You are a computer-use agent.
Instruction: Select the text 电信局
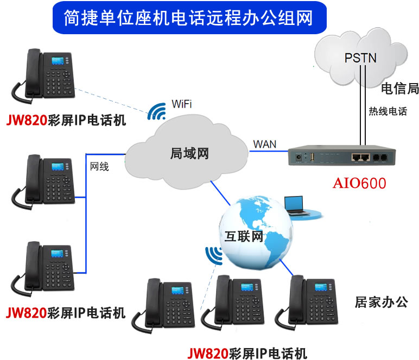399,89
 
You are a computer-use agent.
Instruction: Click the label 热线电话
388,111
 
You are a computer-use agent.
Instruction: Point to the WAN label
264,144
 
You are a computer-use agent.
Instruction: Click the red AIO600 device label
359,184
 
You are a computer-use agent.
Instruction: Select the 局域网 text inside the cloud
187,154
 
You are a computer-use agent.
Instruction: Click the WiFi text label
181,104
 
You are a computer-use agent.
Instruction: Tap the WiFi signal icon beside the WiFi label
157,111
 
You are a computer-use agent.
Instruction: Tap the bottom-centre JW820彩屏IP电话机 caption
247,352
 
